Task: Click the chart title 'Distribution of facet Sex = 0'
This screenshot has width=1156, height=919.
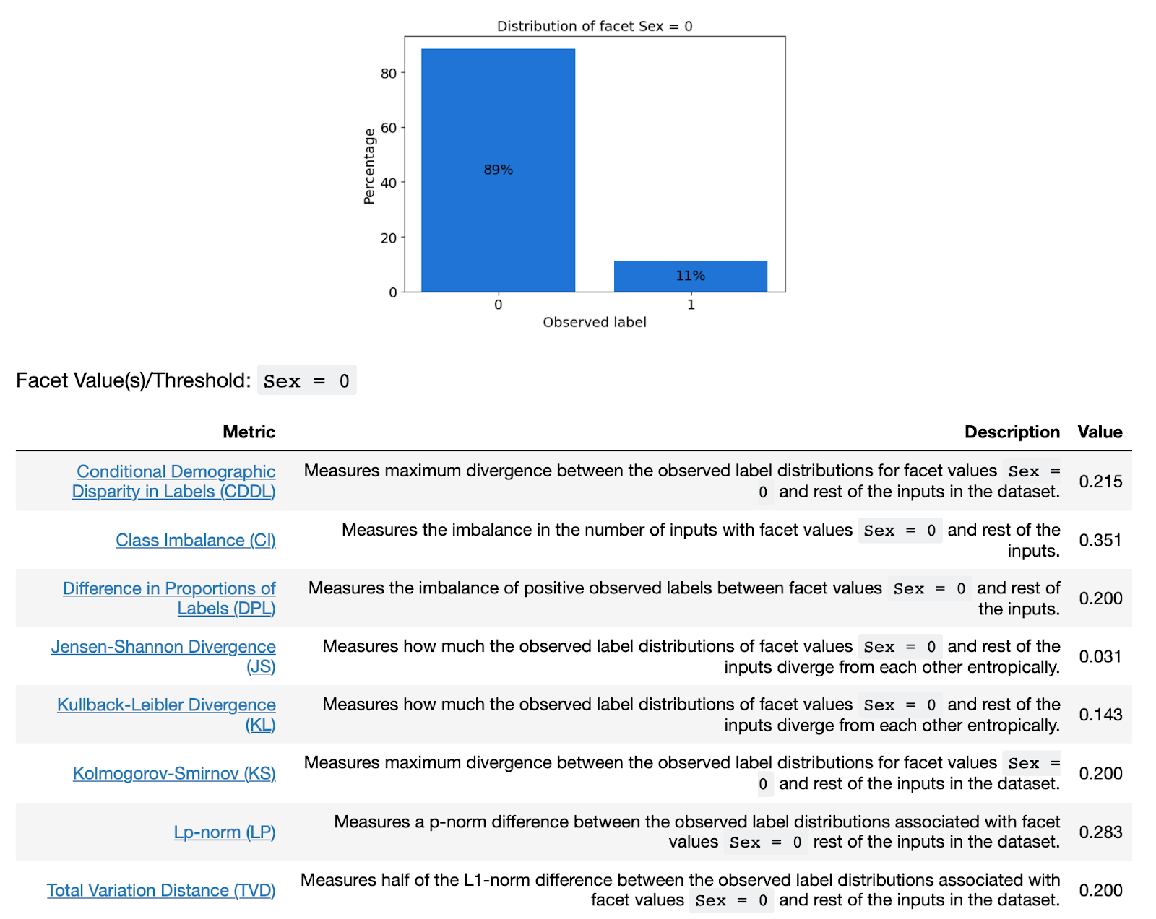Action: [x=594, y=26]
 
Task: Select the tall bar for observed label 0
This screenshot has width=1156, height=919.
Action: [x=498, y=217]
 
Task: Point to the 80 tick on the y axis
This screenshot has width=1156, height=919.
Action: [x=389, y=73]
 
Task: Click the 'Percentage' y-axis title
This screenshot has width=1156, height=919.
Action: [x=369, y=167]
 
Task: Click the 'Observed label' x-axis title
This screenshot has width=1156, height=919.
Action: [x=594, y=322]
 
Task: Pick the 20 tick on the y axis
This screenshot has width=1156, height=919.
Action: [x=389, y=238]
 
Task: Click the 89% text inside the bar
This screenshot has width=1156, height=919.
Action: [x=498, y=170]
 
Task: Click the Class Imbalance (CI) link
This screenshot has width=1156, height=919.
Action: [x=196, y=540]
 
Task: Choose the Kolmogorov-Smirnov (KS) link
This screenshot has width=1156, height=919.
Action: [x=174, y=773]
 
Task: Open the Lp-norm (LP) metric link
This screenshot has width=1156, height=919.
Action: [x=225, y=832]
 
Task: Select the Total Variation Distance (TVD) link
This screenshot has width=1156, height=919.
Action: [x=161, y=890]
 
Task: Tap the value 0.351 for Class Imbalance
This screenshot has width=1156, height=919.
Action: [x=1100, y=540]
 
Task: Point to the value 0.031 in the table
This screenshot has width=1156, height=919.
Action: [x=1100, y=656]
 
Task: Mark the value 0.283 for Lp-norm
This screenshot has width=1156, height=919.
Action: [x=1100, y=832]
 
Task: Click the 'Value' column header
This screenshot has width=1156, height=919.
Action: [x=1100, y=432]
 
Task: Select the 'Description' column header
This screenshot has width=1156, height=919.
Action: [x=1011, y=432]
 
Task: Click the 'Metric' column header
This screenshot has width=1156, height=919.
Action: [x=249, y=432]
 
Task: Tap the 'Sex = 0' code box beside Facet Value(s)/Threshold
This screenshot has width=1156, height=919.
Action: [x=306, y=380]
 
